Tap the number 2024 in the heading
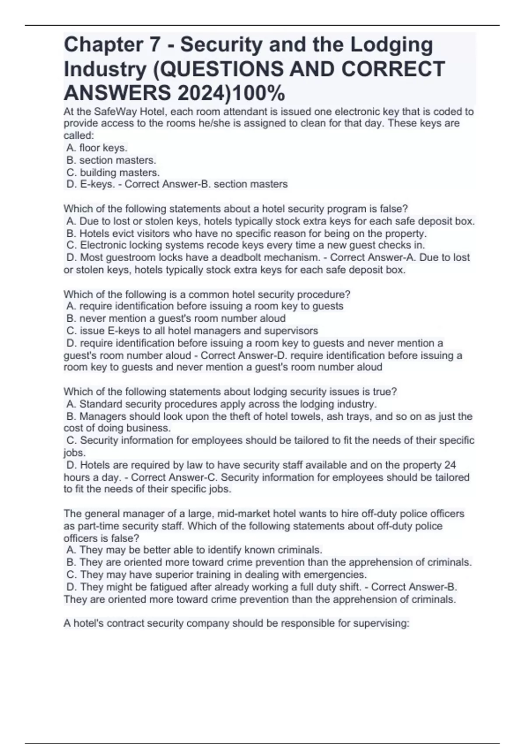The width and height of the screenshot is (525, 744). point(202,93)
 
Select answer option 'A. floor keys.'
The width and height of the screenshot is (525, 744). point(97,148)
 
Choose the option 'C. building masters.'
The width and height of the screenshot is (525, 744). point(113,172)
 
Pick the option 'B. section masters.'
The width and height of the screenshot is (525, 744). point(111,160)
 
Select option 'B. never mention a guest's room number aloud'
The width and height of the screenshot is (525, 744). point(176,318)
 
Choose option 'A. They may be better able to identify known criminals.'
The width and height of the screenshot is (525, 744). point(194,550)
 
